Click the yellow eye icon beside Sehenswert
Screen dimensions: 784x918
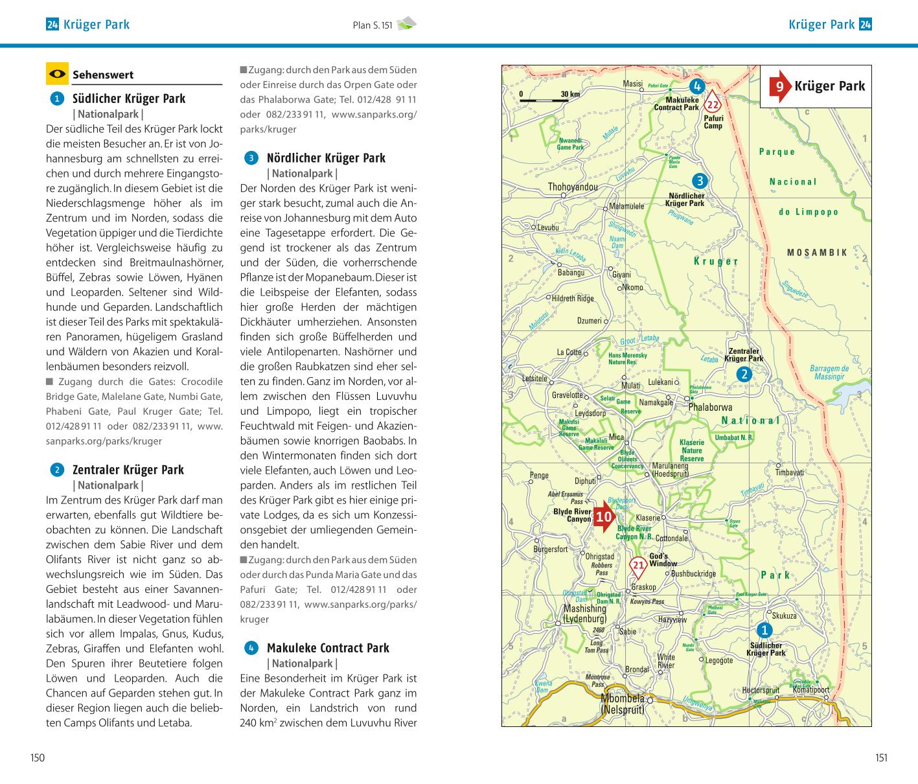coord(57,74)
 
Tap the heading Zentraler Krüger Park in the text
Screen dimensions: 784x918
coord(128,470)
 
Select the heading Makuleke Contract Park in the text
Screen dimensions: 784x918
coord(328,648)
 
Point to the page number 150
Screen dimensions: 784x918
coord(38,757)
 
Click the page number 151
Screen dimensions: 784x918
coord(880,757)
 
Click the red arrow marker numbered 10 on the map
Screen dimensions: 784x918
coord(604,516)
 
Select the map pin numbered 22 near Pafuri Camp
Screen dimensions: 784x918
coord(713,103)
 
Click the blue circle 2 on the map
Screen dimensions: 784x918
coord(744,374)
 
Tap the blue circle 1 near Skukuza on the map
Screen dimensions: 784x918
coord(764,630)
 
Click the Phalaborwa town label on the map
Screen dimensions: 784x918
coord(710,407)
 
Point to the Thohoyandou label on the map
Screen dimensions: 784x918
coord(573,187)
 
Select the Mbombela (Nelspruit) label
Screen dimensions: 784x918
coord(622,704)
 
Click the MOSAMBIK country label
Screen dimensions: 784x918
coord(817,253)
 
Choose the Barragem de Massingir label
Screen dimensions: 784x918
coord(829,373)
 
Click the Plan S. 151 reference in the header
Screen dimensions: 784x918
coord(373,25)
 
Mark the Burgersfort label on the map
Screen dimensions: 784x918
coord(550,549)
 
